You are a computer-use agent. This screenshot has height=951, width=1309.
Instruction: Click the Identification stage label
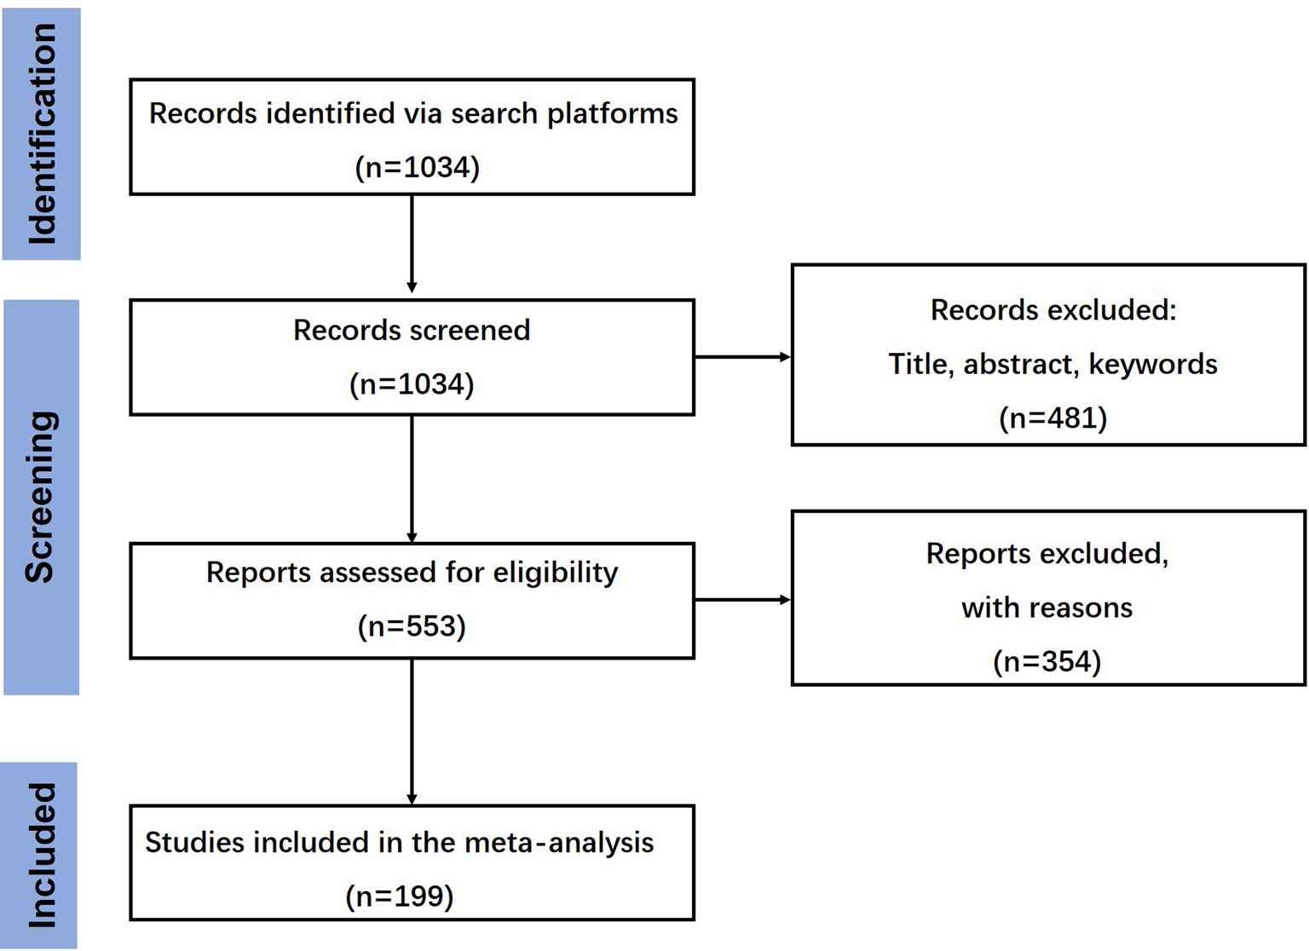pos(41,134)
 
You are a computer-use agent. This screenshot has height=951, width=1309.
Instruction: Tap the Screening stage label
pos(41,497)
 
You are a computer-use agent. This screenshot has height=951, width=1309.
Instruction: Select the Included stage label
pos(41,855)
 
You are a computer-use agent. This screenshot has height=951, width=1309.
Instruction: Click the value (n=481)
pos(1052,418)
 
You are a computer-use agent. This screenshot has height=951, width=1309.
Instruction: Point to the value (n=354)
pos(1047,661)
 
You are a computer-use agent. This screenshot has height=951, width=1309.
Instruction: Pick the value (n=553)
pos(412,626)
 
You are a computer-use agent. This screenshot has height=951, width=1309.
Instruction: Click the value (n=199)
pos(400,896)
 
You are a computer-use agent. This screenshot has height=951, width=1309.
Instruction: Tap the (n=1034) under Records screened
pos(412,384)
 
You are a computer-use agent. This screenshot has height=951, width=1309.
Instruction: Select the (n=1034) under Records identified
pos(417,167)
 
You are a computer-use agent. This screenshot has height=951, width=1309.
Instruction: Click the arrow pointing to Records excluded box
pos(742,357)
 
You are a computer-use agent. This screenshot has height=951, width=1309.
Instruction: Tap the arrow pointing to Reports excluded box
pos(742,600)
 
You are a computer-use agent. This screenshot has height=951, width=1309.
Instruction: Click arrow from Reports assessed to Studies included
pos(412,731)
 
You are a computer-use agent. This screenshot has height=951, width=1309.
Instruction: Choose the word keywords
pos(1153,365)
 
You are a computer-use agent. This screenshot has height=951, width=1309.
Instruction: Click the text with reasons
pos(1047,608)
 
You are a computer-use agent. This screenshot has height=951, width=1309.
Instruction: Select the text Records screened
pos(412,331)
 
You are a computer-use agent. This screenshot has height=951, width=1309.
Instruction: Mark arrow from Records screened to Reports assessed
pos(412,479)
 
